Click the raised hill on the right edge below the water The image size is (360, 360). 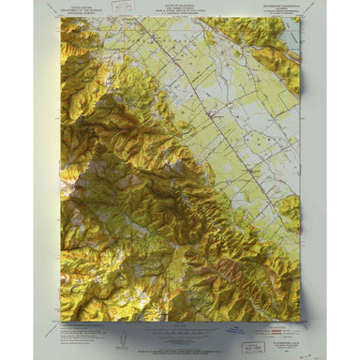pyautogui.click(x=289, y=211)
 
